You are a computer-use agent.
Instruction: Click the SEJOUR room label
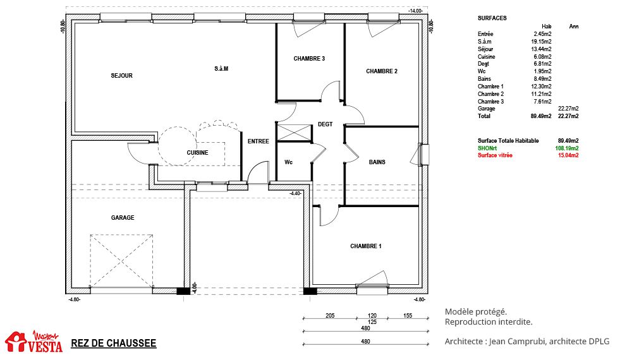coord(122,76)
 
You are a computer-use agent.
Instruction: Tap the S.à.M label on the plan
coord(221,69)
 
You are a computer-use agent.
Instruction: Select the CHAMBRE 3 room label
coord(309,59)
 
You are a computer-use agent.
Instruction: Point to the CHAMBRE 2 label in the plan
coord(382,71)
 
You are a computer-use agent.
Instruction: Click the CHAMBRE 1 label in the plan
coord(365,246)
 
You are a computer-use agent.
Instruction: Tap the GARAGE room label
coord(123,218)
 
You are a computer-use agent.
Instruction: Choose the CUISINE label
coord(197,153)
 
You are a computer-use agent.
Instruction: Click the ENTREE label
coord(258,141)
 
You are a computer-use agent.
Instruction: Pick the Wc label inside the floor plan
coord(289,162)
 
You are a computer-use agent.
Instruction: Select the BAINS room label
coord(377,162)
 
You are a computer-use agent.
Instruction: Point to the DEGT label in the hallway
coord(325,124)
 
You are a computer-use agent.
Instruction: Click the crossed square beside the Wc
coord(295,133)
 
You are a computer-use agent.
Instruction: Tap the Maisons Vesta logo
coord(34,342)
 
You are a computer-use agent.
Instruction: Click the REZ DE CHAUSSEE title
coord(114,344)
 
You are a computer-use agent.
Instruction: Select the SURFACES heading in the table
coord(492,18)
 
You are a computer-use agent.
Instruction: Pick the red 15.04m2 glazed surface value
coord(568,155)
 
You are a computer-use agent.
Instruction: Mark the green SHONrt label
coord(487,148)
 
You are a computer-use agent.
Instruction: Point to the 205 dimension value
coord(330,316)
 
